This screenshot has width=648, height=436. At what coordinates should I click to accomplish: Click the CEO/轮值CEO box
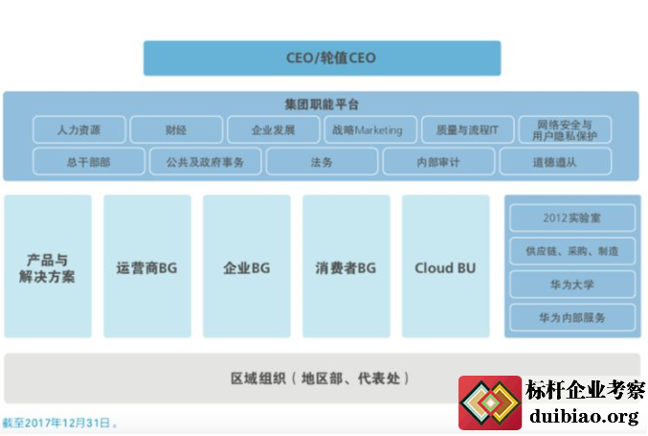click(322, 57)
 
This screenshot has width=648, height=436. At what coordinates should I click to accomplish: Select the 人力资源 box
click(78, 130)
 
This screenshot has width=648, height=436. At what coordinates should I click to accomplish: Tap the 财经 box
click(176, 130)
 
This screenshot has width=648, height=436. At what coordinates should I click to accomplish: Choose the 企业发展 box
click(273, 130)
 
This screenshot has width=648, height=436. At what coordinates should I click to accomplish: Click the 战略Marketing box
click(370, 130)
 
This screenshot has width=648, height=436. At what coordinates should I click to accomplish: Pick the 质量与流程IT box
click(467, 130)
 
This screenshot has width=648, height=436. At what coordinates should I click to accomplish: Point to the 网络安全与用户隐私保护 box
click(565, 130)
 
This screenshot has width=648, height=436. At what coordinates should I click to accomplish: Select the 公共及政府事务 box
click(206, 162)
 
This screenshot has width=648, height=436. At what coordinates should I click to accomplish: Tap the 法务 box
click(322, 162)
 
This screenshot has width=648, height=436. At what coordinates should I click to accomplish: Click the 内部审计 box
click(438, 162)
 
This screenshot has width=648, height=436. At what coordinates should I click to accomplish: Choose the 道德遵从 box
click(555, 162)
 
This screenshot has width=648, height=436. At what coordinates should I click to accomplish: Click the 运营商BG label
click(146, 268)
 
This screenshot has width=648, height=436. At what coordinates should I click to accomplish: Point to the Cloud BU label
click(445, 268)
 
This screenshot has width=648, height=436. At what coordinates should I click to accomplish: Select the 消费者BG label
click(346, 268)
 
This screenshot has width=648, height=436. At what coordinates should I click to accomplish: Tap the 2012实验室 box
click(572, 218)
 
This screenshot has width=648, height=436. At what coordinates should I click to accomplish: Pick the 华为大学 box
click(572, 285)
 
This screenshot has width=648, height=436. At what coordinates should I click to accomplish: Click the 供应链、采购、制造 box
click(572, 251)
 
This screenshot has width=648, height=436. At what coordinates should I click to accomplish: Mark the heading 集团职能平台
click(322, 104)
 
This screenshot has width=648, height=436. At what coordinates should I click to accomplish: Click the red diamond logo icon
click(490, 402)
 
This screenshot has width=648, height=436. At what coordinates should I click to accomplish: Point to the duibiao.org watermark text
click(584, 416)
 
